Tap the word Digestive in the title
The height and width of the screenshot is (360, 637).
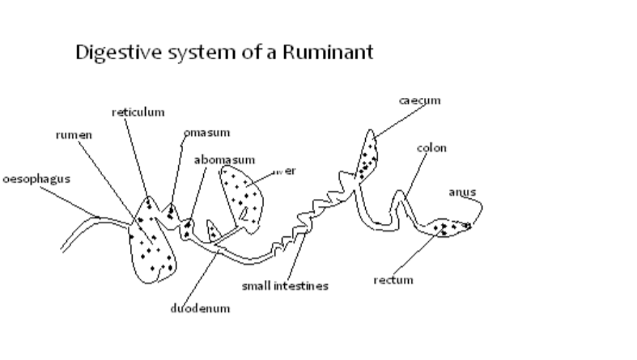pos(110,54)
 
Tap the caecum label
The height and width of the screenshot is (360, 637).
pos(419,100)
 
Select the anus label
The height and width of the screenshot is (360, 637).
pos(461,192)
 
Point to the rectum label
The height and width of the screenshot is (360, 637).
pos(393,280)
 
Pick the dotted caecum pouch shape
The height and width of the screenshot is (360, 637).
pos(369,154)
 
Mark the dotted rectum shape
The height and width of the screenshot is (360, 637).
pos(448,227)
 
